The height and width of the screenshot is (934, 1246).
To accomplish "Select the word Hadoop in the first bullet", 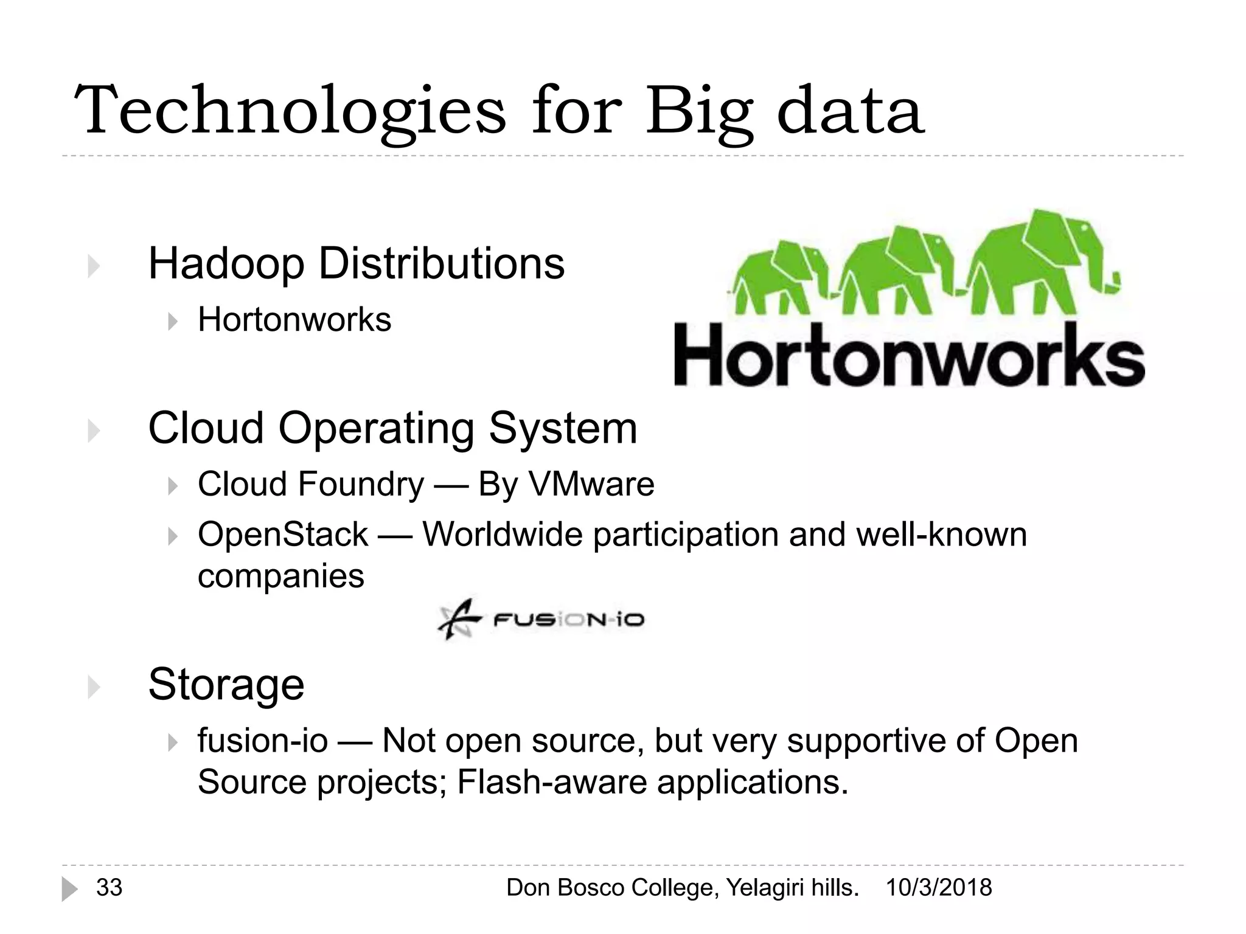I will (226, 264).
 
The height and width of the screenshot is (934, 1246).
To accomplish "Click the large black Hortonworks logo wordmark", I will (909, 355).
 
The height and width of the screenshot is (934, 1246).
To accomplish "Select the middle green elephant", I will (894, 268).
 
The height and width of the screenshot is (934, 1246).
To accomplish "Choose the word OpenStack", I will (283, 534).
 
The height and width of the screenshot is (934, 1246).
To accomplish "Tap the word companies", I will (280, 576).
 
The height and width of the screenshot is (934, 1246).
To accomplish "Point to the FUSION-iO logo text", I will (568, 620).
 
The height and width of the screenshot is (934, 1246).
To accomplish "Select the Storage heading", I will (226, 684).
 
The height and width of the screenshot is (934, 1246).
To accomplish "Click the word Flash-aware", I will (551, 782).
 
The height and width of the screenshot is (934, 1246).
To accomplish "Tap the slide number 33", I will (110, 888).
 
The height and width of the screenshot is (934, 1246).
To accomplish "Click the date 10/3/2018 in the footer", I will (938, 888).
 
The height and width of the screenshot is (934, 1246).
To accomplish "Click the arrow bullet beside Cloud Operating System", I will (93, 431).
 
